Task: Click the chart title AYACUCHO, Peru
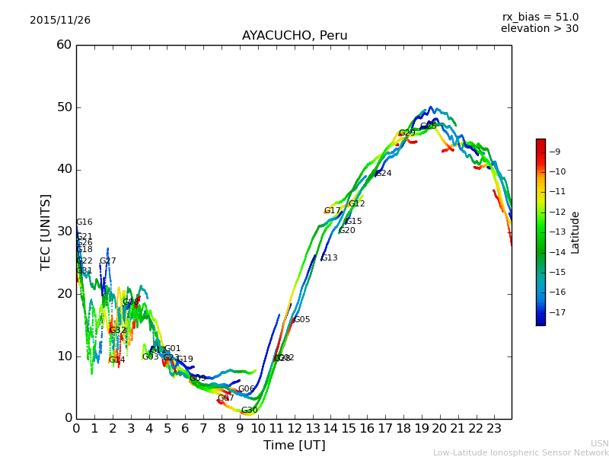coord(295,36)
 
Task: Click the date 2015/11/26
coord(60,21)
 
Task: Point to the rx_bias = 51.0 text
coord(540,18)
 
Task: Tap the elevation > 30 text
coord(540,29)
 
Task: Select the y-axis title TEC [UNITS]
coord(46,232)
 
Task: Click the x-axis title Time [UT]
coord(295,446)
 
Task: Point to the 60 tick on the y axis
coord(64,45)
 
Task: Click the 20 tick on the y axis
coord(64,294)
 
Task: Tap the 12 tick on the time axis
coord(294,428)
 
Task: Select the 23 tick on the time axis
coord(493,428)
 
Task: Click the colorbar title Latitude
coord(576,232)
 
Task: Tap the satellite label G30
coord(250,411)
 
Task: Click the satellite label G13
coord(330,258)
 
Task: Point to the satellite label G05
coord(302,320)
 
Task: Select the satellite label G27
coord(108,261)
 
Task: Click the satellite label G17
coord(333,211)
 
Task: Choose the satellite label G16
coord(84,222)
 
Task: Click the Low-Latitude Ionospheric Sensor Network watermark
coord(521,452)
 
